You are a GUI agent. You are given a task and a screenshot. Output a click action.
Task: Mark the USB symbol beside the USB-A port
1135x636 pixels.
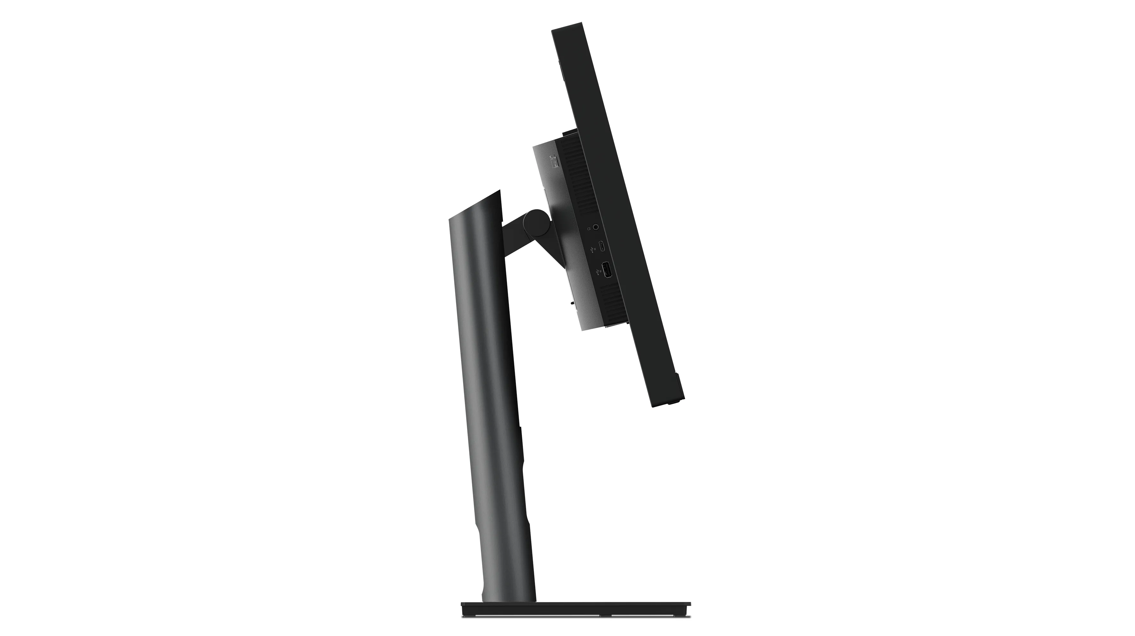click(598, 271)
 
